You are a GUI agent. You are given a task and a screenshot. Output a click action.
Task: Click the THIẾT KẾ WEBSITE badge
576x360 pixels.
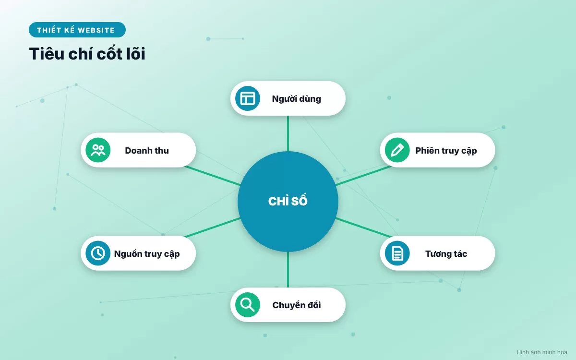[x=77, y=30]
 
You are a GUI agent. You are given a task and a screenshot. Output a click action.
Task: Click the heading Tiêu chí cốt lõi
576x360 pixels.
[x=87, y=53]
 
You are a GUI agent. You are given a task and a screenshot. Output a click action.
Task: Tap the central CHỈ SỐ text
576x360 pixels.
[x=288, y=201]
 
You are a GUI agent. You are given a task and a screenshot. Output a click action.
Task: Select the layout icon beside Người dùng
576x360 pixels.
[x=248, y=98]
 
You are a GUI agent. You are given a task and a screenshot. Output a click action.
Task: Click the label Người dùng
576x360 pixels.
[x=297, y=99]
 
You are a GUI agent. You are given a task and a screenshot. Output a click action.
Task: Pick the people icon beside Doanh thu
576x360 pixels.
[x=98, y=150]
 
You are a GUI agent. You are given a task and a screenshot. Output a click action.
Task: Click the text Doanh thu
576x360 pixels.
[x=147, y=150]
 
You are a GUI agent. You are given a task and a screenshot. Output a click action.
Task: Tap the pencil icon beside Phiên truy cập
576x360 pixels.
[x=397, y=150]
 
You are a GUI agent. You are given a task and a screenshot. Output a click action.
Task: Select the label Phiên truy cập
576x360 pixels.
[x=446, y=151]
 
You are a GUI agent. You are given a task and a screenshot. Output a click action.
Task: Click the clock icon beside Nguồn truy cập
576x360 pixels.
[x=98, y=253]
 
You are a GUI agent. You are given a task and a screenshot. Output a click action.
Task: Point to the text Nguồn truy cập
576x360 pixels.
[x=147, y=254]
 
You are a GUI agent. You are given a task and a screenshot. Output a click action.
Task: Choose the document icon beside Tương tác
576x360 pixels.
[x=397, y=253]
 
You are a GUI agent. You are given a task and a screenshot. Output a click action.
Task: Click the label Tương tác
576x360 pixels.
[x=446, y=254]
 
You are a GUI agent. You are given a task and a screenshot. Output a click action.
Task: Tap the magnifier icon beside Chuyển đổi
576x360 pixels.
[x=248, y=305]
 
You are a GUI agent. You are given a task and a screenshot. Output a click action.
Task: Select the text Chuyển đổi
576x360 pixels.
[x=297, y=305]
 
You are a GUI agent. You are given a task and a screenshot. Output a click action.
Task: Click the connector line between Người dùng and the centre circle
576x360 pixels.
[x=288, y=133]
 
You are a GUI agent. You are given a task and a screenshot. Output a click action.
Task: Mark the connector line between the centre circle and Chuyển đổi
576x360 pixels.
[x=288, y=269]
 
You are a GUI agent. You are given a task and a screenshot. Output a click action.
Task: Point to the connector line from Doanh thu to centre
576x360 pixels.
[x=213, y=176]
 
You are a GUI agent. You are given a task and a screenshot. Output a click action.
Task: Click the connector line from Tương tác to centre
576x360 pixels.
[x=364, y=228]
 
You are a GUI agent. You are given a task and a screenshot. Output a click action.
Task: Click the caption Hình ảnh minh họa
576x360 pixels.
[x=542, y=352]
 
